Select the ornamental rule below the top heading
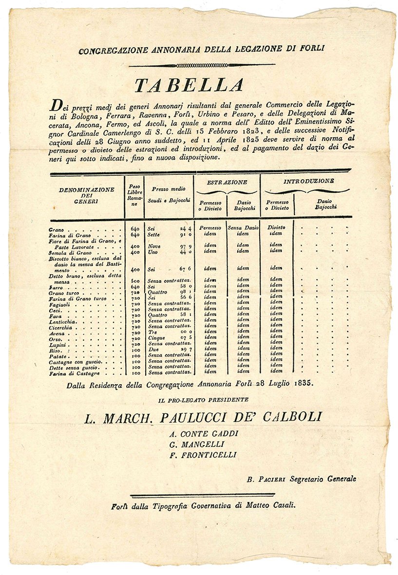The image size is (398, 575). pos(202,65)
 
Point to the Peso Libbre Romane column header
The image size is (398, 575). pos(134,195)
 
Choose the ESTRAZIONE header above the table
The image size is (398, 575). pos(227,182)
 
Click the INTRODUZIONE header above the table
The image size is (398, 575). pos(308,181)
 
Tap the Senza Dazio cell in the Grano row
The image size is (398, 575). pos(243,228)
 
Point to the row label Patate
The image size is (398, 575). pos(57,355)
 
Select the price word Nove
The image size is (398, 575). pos(154,246)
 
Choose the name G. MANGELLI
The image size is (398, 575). pos(196,444)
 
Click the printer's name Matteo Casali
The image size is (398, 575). pos(270,505)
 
